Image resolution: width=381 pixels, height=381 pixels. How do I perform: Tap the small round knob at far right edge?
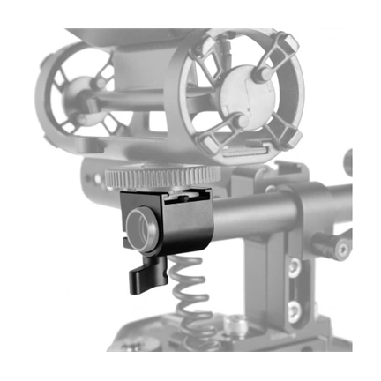pyautogui.click(x=348, y=163)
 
